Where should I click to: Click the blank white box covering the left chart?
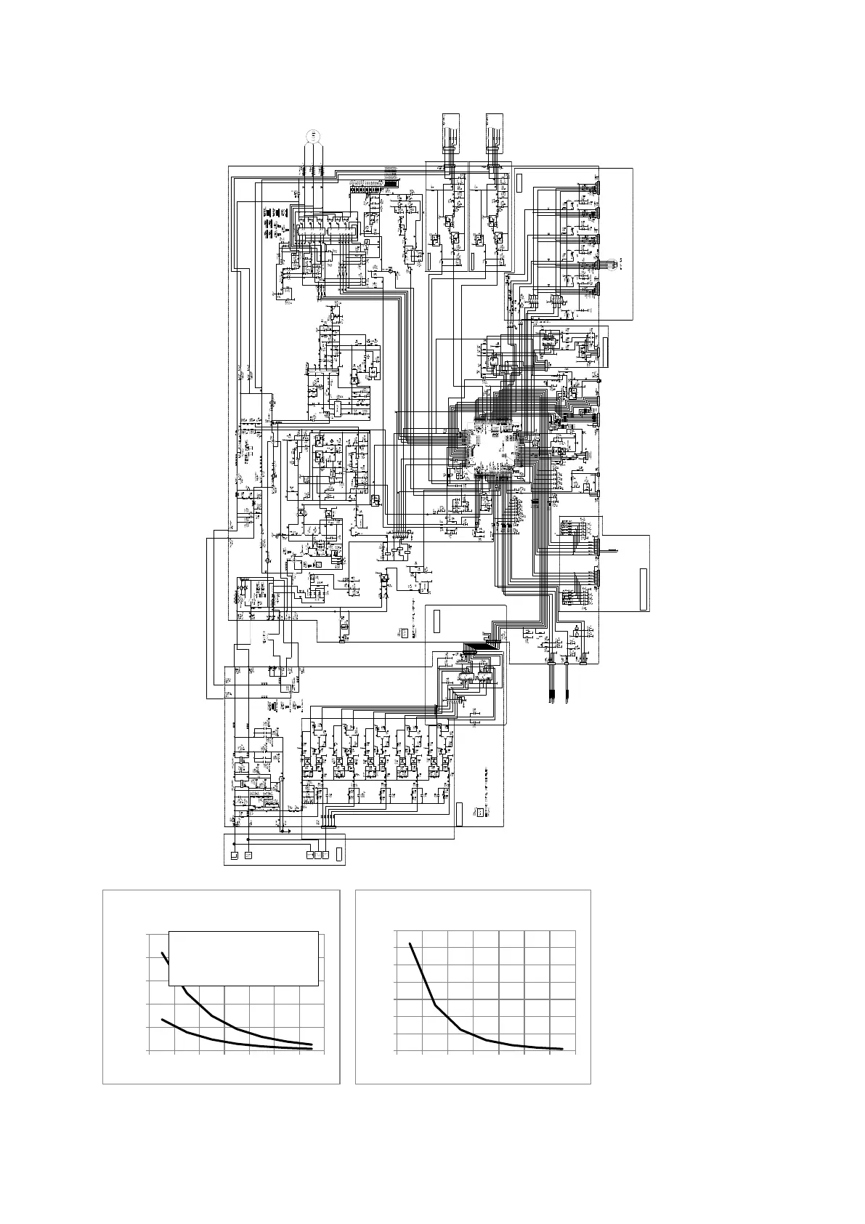pyautogui.click(x=243, y=958)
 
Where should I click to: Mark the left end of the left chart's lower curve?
pyautogui.click(x=162, y=1020)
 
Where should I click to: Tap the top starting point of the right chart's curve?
pyautogui.click(x=410, y=943)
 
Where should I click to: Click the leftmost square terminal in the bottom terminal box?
pyautogui.click(x=234, y=855)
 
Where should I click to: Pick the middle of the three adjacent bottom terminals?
pyautogui.click(x=317, y=855)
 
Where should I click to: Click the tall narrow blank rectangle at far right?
pyautogui.click(x=643, y=589)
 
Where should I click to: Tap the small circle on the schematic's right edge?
pyautogui.click(x=598, y=380)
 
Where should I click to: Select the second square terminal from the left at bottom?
pyautogui.click(x=248, y=855)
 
